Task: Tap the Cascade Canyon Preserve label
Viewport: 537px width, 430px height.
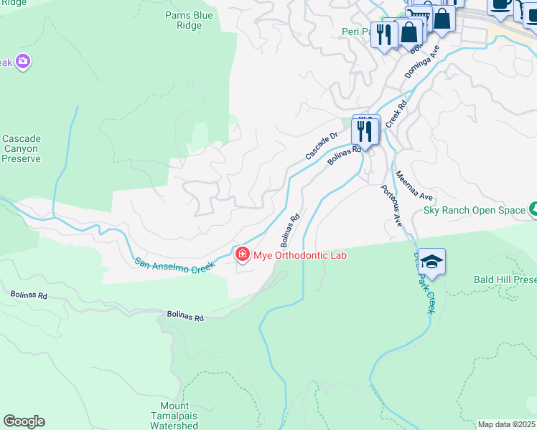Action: [x=21, y=148]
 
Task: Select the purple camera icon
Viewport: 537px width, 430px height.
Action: [x=22, y=62]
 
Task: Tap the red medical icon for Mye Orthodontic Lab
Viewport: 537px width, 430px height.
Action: [x=242, y=254]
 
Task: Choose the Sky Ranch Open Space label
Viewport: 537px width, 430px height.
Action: [x=473, y=210]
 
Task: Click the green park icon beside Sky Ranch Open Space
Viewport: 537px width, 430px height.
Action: [x=533, y=209]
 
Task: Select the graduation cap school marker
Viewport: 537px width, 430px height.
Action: [x=431, y=262]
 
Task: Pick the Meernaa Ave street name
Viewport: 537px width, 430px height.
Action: [x=414, y=185]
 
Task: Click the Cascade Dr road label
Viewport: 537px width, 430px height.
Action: [x=321, y=146]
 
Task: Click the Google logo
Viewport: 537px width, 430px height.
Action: [x=24, y=421]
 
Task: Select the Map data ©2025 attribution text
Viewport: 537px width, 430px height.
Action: [x=506, y=424]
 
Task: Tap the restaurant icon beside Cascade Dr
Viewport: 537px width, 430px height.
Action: [x=365, y=131]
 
